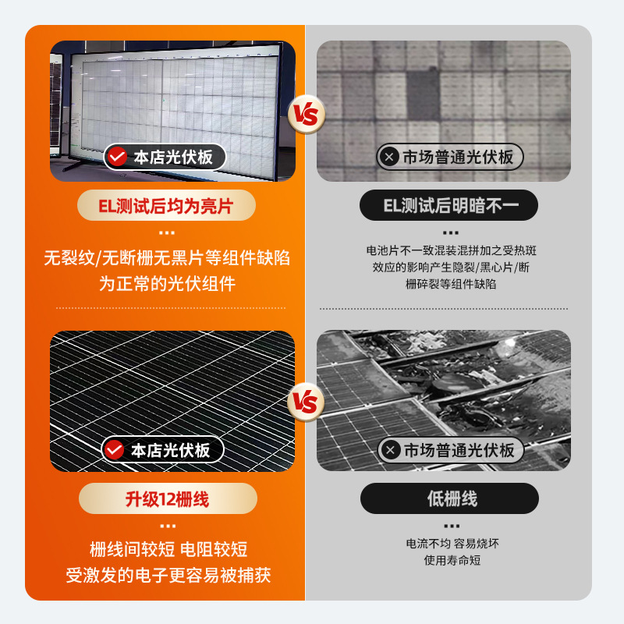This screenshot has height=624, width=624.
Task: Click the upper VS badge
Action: click(307, 114)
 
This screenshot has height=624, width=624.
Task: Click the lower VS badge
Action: click(306, 402)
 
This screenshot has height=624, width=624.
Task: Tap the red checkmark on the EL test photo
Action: click(117, 157)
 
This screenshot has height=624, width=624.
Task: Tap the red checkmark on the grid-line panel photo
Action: click(114, 450)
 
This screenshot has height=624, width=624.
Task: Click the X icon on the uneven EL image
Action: click(389, 157)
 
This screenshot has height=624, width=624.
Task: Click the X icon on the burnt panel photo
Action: click(391, 450)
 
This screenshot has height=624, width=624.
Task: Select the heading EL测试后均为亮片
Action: click(166, 206)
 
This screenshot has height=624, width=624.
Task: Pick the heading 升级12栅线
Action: click(168, 498)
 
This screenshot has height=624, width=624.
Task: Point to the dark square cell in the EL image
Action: click(423, 95)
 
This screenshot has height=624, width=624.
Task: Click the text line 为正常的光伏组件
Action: click(167, 284)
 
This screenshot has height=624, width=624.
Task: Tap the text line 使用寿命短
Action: click(452, 560)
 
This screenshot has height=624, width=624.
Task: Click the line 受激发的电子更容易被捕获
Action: click(168, 575)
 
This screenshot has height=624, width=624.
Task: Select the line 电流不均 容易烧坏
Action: click(452, 543)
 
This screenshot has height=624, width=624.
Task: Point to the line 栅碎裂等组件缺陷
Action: click(451, 284)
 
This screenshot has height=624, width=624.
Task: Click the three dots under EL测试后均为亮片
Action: click(167, 232)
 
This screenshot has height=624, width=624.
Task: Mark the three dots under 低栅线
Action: click(452, 526)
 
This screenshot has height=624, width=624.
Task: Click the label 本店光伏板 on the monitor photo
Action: click(173, 157)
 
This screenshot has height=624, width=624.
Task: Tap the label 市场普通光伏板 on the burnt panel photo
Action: click(459, 450)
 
